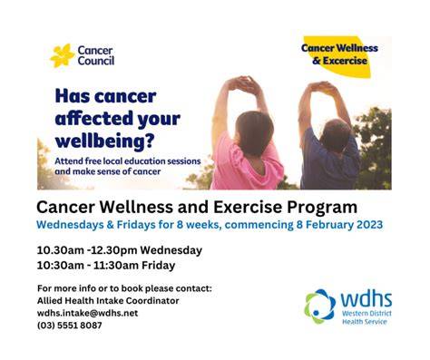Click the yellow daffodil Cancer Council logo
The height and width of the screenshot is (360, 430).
(63, 55)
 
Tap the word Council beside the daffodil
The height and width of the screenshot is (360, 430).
(96, 61)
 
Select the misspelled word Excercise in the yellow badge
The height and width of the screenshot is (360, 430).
(345, 61)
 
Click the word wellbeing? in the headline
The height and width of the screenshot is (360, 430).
(105, 141)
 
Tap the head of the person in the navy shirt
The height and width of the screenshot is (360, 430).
(335, 134)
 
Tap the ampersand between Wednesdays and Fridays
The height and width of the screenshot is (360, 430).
(110, 225)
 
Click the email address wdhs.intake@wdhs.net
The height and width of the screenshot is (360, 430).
(87, 313)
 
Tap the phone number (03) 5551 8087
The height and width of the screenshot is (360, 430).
(70, 326)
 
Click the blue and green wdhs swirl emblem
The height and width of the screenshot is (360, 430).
(320, 306)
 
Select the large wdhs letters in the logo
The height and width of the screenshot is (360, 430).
(366, 299)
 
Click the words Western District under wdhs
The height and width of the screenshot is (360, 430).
(366, 313)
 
